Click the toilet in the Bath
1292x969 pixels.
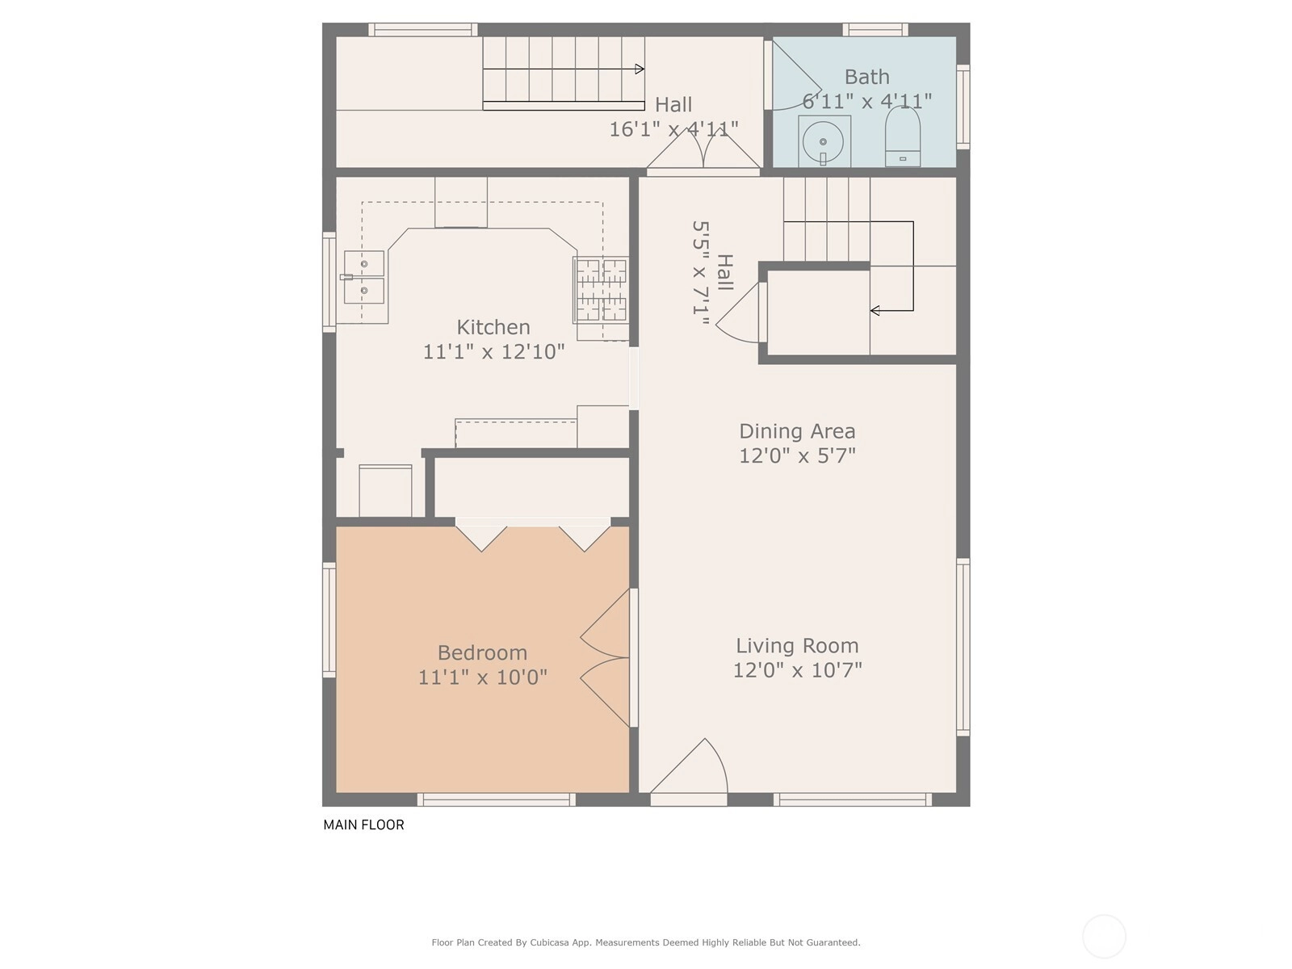click(902, 136)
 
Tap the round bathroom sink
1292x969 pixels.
click(824, 142)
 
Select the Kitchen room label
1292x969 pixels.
click(493, 326)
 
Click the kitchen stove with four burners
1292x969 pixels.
click(601, 291)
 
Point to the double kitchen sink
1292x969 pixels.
click(363, 277)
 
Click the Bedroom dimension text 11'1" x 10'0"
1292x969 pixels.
click(483, 677)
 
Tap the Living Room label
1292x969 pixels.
click(797, 645)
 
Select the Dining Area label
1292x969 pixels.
click(797, 430)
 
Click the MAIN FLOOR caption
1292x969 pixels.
click(363, 824)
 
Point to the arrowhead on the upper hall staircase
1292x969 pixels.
click(640, 69)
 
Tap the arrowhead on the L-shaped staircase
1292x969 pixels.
click(875, 310)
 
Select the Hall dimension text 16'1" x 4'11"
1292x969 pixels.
click(673, 129)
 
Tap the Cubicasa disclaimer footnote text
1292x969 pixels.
click(646, 942)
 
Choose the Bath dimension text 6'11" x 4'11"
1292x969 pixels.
click(867, 101)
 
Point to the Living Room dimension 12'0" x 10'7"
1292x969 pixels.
click(797, 670)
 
